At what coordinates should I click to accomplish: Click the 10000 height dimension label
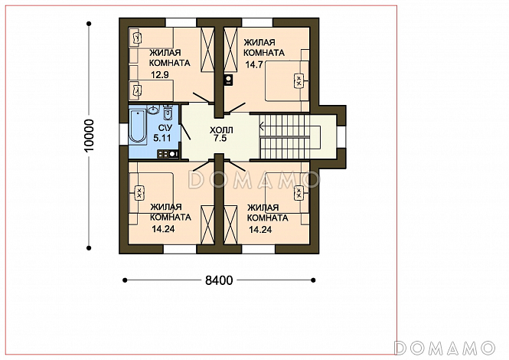pos(89,135)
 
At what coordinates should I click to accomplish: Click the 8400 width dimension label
pos(219,280)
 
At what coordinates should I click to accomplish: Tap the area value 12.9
pos(160,75)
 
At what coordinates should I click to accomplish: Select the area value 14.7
pos(253,64)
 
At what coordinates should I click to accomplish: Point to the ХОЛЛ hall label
pos(221,130)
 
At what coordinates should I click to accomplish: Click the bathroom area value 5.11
pos(162,138)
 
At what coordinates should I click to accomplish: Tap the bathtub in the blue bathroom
pos(138,126)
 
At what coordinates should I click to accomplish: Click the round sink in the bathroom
pos(153,110)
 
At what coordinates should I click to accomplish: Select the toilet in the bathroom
pos(167,113)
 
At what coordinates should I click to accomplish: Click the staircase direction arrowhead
pos(262,127)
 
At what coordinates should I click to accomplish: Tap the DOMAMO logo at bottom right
pos(445,348)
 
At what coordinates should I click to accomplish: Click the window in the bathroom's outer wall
pos(124,133)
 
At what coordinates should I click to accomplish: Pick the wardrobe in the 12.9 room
pos(207,50)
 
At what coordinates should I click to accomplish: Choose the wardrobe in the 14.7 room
pos(231,50)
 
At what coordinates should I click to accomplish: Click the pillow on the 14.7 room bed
pos(299,80)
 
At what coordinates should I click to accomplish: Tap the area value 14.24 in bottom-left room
pos(163,229)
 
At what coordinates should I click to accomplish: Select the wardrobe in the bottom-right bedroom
pos(231,225)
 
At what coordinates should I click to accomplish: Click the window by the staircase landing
pos(341,136)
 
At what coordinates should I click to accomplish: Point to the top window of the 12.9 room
pos(181,22)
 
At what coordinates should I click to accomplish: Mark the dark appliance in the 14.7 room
pos(229,80)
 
